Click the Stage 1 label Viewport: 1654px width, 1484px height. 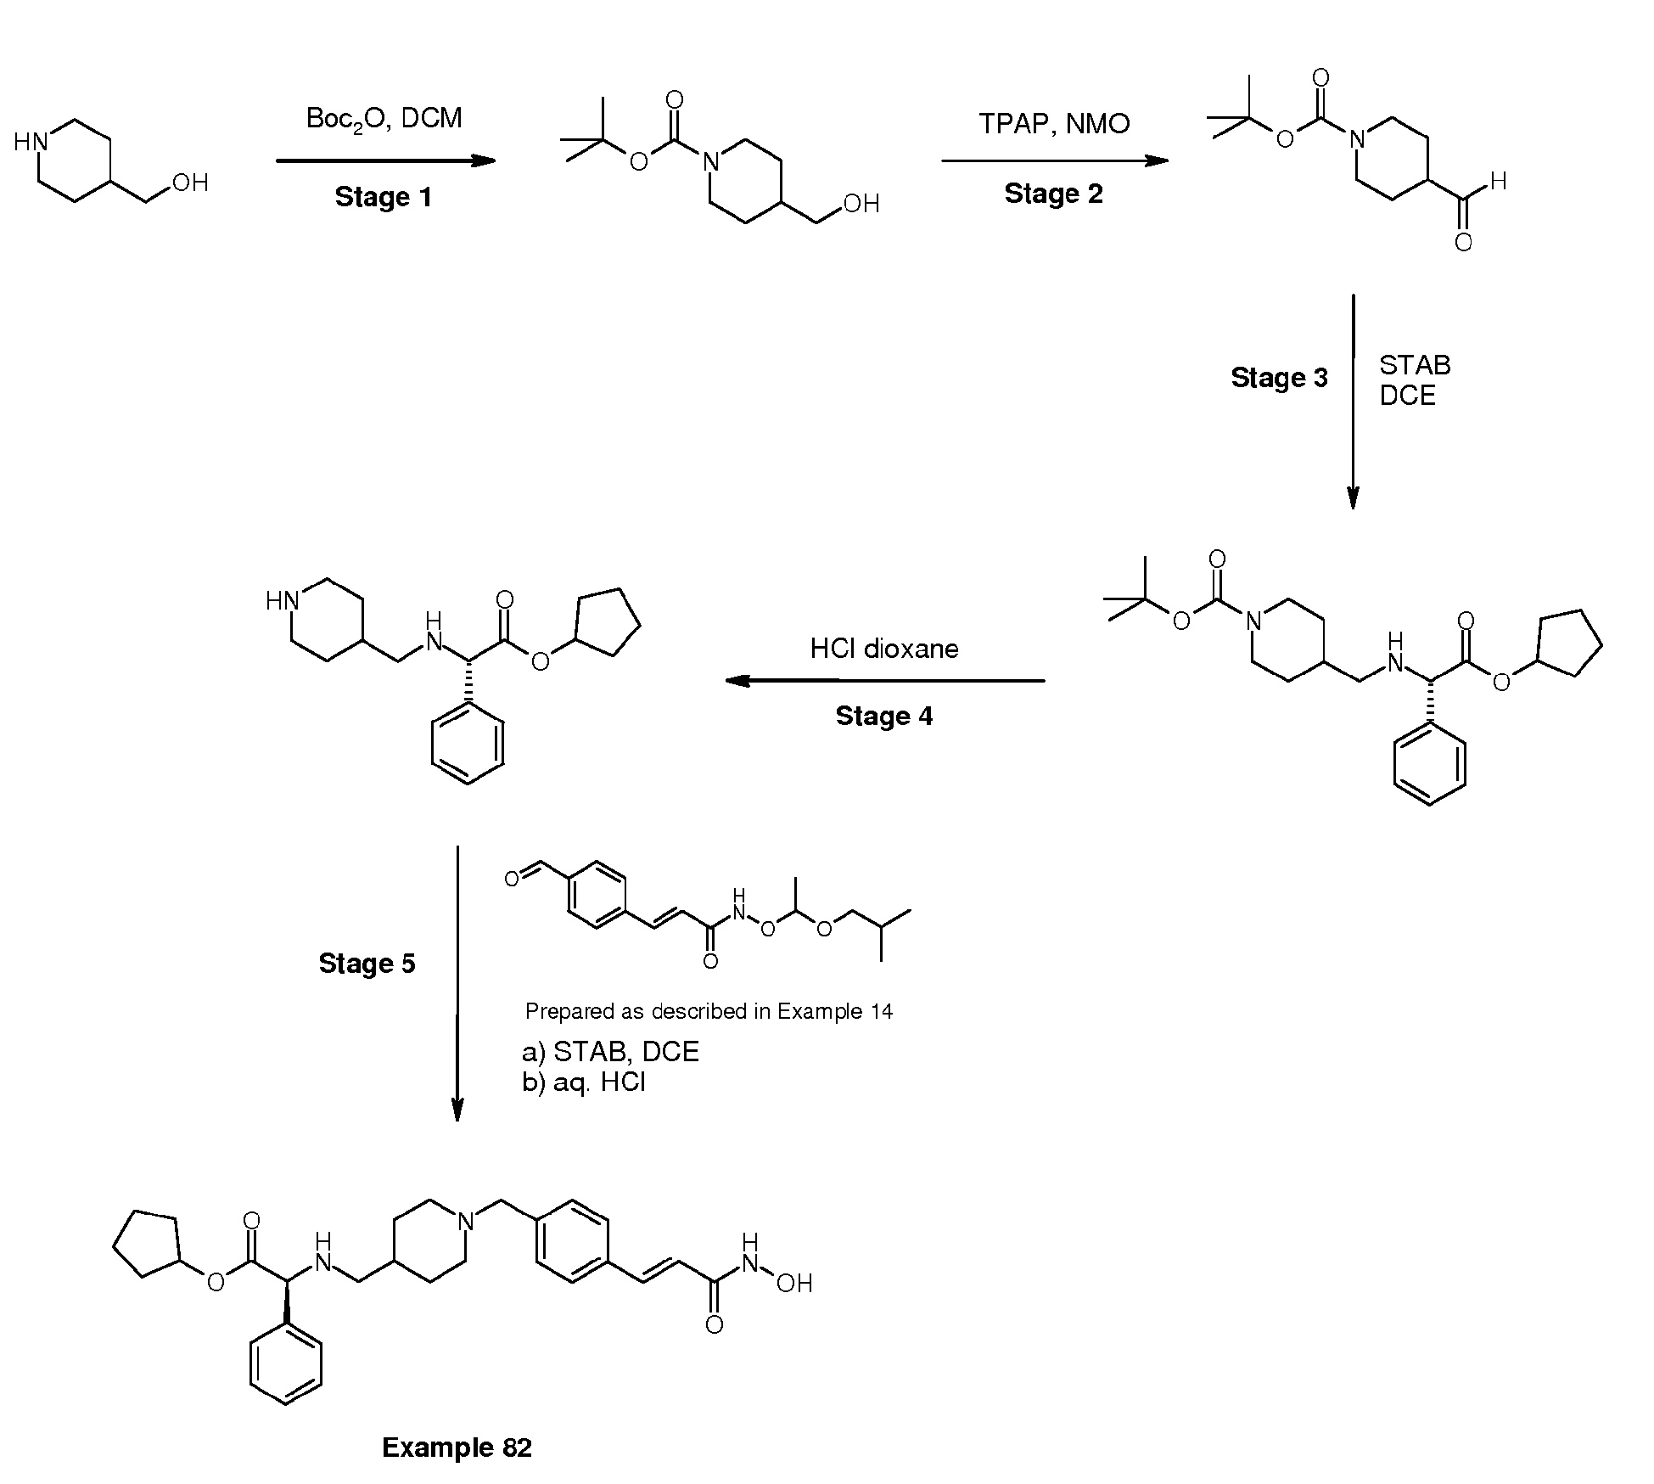pyautogui.click(x=384, y=197)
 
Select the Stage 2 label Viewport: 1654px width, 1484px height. pyautogui.click(x=1053, y=194)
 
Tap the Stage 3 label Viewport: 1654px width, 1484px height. pyautogui.click(x=1279, y=378)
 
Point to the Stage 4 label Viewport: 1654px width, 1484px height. pyautogui.click(x=883, y=716)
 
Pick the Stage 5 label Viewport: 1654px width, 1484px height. pyautogui.click(x=367, y=963)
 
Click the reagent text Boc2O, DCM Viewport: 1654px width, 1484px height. pyautogui.click(x=384, y=119)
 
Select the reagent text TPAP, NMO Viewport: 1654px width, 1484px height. pyautogui.click(x=1054, y=124)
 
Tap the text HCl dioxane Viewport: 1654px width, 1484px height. pyautogui.click(x=884, y=649)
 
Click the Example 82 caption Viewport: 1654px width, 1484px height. pyautogui.click(x=457, y=1447)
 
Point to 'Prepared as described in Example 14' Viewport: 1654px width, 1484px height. pyautogui.click(x=709, y=1011)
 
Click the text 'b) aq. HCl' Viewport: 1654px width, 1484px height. pyautogui.click(x=584, y=1082)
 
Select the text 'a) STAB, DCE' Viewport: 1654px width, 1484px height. pyautogui.click(x=610, y=1052)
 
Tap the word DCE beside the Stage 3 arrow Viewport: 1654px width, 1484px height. pyautogui.click(x=1407, y=396)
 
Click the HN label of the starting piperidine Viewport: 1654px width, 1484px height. pyautogui.click(x=31, y=142)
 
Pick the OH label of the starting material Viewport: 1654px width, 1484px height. pyautogui.click(x=190, y=183)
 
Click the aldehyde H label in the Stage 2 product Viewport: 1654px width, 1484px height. pyautogui.click(x=1498, y=181)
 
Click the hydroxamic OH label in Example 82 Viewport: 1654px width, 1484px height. pyautogui.click(x=794, y=1284)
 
